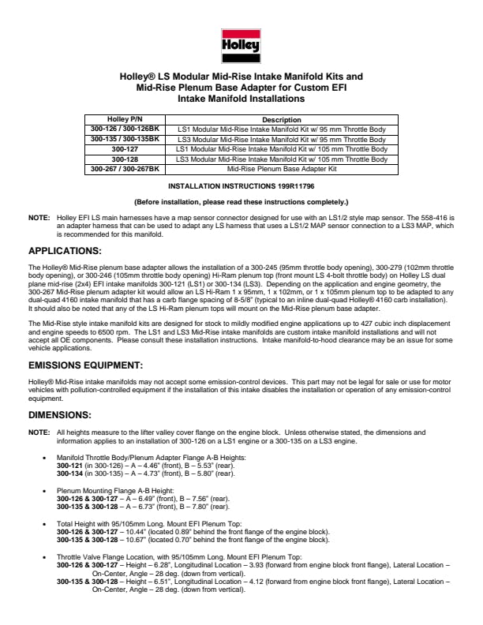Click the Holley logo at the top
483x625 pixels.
pos(241,44)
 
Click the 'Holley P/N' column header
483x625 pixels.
pos(124,119)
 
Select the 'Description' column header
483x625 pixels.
pos(282,119)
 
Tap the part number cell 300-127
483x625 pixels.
pos(124,148)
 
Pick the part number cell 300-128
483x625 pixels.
pos(124,159)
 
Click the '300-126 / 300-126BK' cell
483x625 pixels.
pos(124,129)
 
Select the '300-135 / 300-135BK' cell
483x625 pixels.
pos(124,139)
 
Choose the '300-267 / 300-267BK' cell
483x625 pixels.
pos(124,169)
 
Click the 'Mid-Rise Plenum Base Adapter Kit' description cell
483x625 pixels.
pos(282,169)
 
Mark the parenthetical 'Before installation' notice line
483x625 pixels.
pos(241,202)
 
